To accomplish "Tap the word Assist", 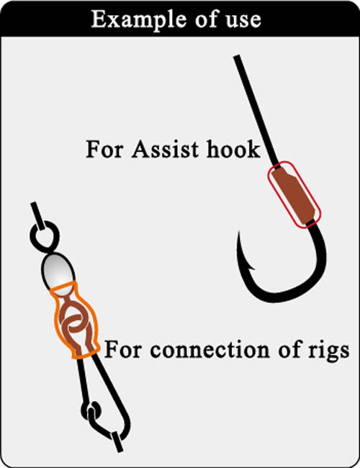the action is (165, 148).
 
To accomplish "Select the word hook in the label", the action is (233, 148).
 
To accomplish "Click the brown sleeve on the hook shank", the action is (294, 194).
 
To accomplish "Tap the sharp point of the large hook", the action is (239, 233).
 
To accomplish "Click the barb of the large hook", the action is (251, 266).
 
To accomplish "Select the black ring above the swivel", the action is (45, 235).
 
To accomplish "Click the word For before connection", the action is (122, 349).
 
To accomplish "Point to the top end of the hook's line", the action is (237, 57).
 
